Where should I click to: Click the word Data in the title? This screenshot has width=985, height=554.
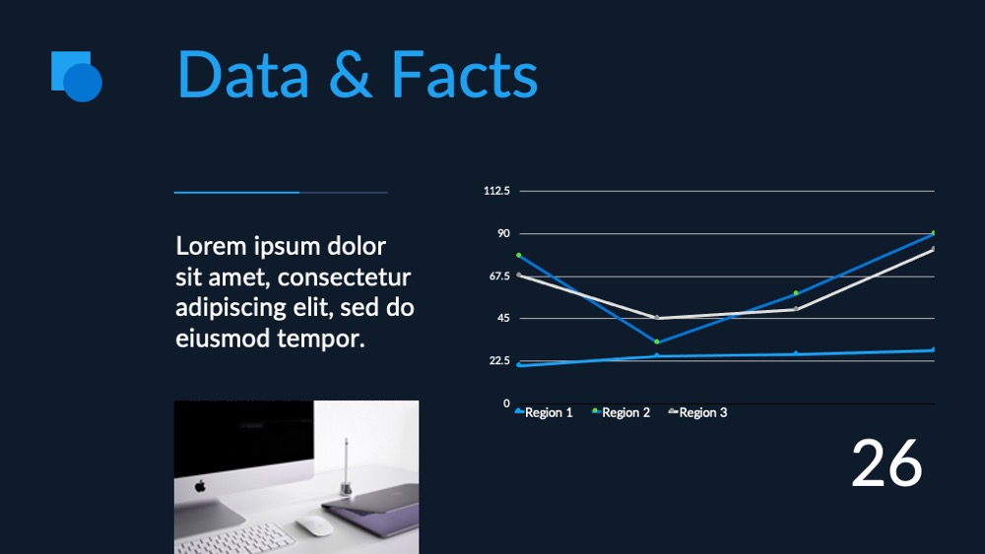point(243,75)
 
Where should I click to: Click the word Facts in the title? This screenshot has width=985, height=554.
point(464,75)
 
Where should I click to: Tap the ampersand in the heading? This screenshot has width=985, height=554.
point(352,75)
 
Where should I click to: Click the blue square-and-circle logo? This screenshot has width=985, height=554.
point(77,76)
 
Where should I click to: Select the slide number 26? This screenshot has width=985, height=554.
point(886,463)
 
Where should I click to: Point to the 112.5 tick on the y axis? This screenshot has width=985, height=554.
point(496,191)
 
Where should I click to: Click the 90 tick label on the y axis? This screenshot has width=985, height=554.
point(503,233)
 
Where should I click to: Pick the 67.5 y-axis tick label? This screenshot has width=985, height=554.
point(498,277)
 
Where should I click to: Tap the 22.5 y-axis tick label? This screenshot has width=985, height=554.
point(499,361)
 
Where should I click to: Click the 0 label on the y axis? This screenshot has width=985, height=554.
point(506,403)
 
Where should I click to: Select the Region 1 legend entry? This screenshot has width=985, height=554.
point(544,412)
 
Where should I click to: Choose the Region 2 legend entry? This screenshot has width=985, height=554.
point(622,412)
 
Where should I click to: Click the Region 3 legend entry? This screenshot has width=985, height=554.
point(698,412)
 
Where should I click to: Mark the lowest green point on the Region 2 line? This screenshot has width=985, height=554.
point(657,341)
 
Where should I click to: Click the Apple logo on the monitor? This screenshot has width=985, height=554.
point(200,486)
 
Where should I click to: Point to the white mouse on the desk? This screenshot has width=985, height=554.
point(314,525)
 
